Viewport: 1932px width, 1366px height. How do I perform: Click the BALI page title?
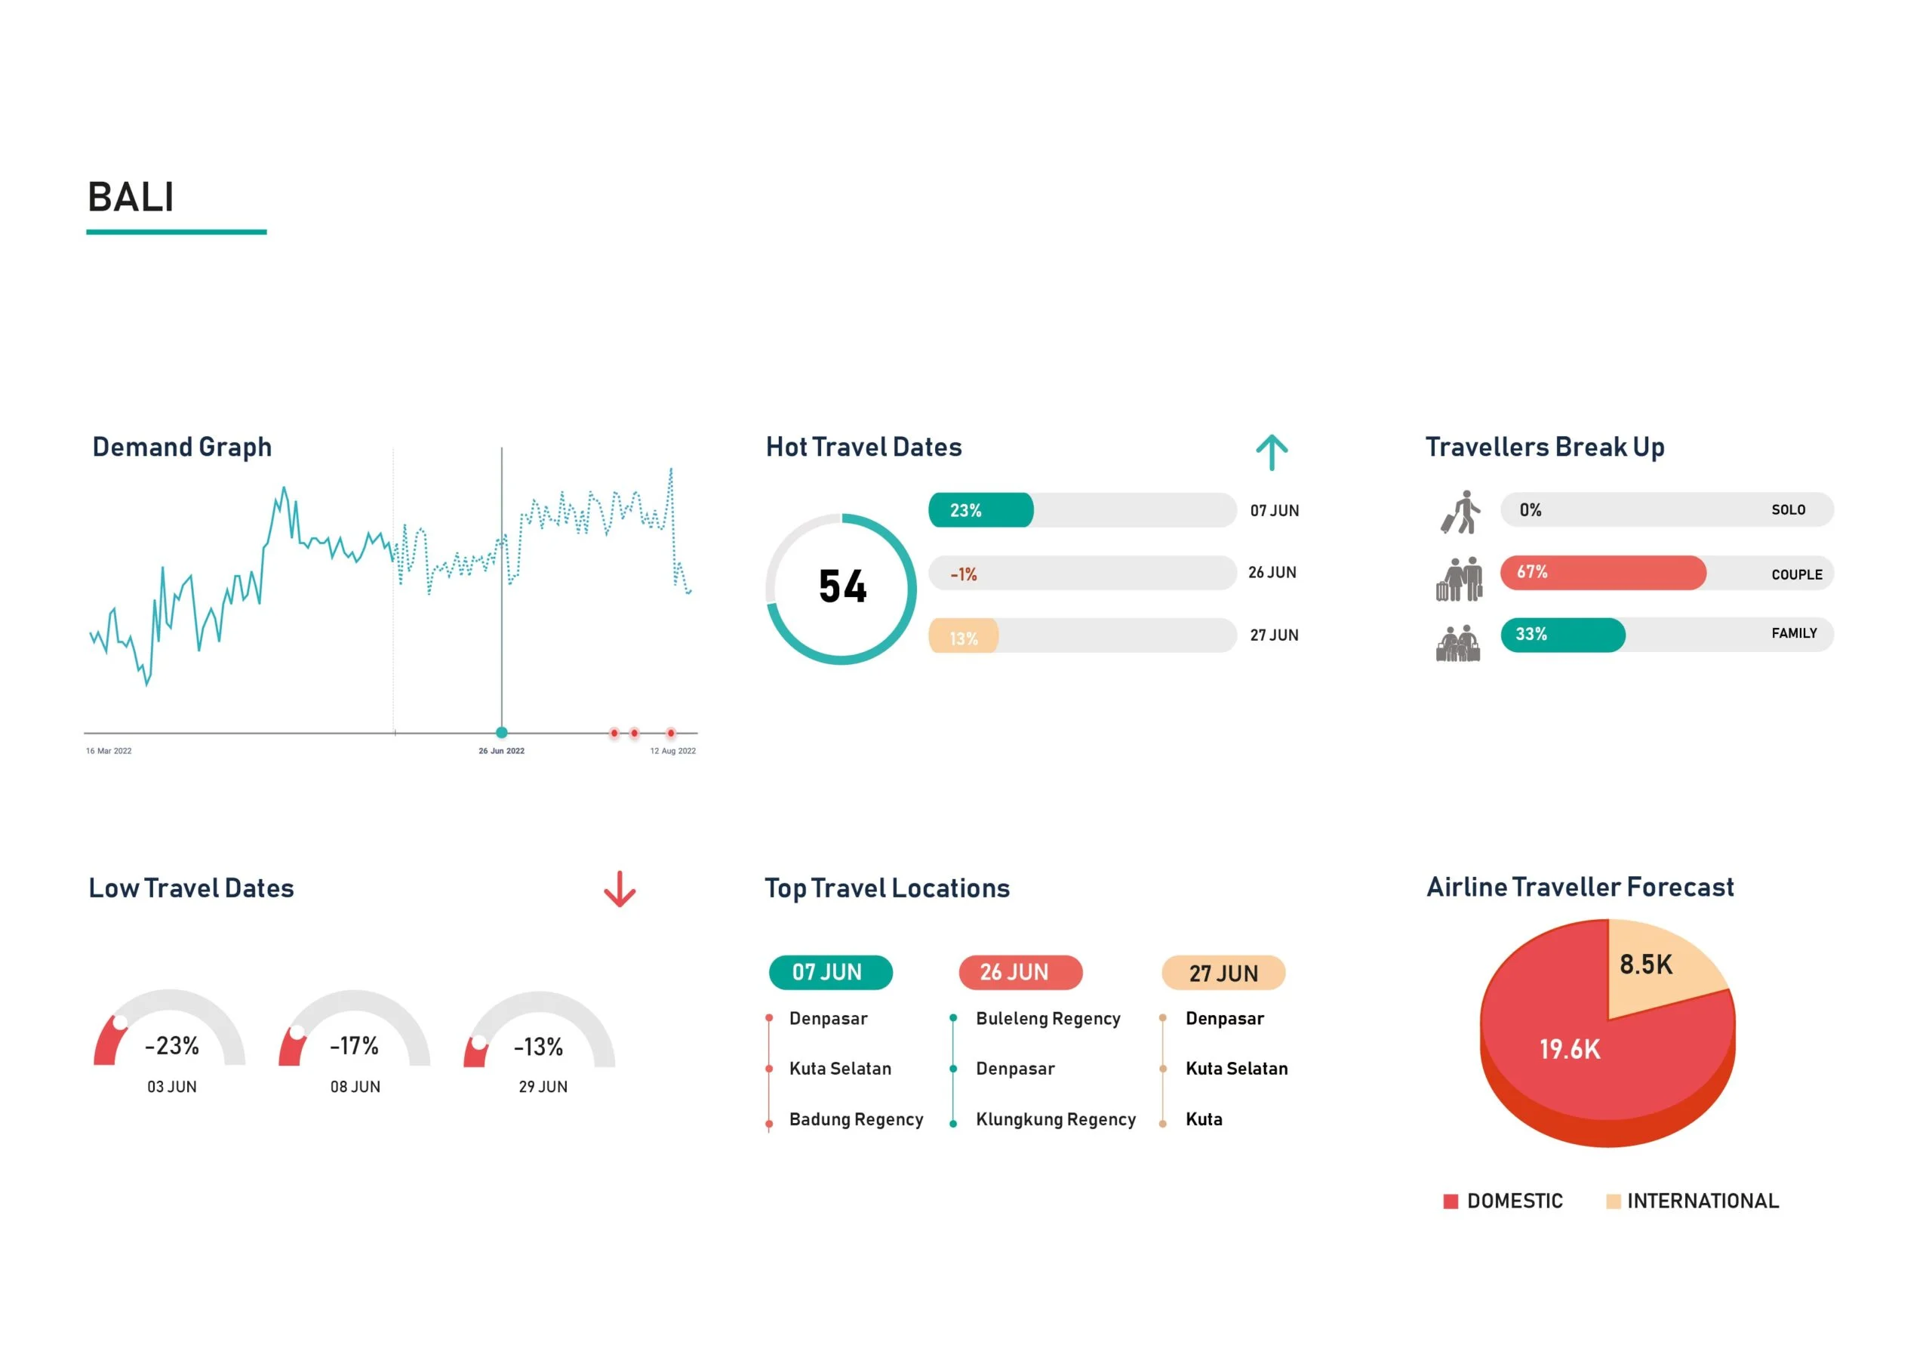[x=131, y=198]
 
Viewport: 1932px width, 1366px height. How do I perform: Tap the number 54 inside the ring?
[x=842, y=586]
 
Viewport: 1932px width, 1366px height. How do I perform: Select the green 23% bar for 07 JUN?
[x=981, y=510]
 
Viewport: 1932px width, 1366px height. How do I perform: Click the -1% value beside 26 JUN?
[x=964, y=575]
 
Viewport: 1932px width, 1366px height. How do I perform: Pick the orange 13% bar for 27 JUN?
[x=964, y=638]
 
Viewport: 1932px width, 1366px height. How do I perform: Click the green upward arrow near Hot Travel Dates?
[x=1272, y=453]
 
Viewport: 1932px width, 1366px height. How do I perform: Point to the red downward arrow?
[x=620, y=889]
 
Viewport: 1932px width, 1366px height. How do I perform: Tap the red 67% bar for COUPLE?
[x=1603, y=572]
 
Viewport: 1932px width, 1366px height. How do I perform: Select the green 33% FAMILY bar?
[x=1563, y=635]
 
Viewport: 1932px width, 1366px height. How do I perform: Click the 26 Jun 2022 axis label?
[x=502, y=751]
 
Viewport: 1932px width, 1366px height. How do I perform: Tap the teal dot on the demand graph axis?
[x=502, y=732]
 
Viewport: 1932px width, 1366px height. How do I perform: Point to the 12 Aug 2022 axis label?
[x=672, y=751]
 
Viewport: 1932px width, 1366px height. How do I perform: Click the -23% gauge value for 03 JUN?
[x=171, y=1046]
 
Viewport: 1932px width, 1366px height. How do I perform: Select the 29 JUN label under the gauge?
[x=543, y=1087]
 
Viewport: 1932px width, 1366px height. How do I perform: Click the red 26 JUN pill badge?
[x=1020, y=972]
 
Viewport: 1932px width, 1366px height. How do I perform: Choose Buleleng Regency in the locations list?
[x=1048, y=1018]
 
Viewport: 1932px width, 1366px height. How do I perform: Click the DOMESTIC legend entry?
[x=1503, y=1201]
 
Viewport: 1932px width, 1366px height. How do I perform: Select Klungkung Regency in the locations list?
[x=1055, y=1119]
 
